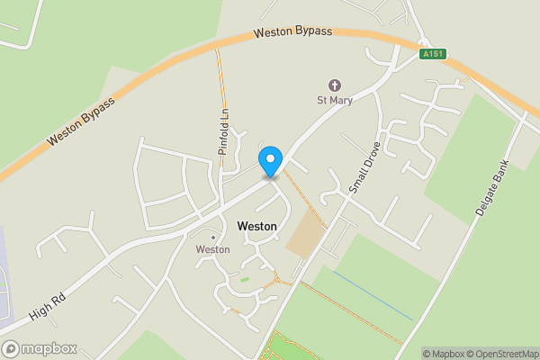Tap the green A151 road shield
433,54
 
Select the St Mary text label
334,99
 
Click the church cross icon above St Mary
334,85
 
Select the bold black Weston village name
256,226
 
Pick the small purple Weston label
212,249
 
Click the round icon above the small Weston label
212,237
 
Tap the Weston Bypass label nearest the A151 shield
292,31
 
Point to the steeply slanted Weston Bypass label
81,121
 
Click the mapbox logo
39,348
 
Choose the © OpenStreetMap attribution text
506,354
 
